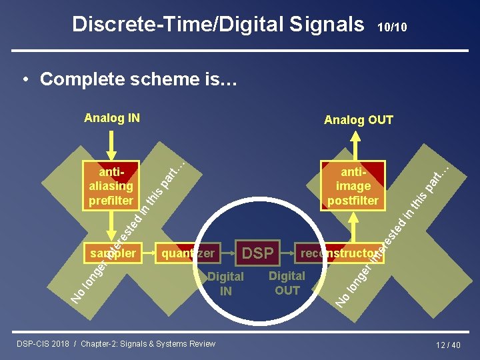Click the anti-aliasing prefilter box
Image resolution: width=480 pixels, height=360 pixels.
(111, 185)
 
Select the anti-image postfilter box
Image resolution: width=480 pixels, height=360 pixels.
(353, 185)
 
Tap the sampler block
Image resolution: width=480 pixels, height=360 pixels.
(112, 253)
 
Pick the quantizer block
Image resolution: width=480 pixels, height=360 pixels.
(188, 253)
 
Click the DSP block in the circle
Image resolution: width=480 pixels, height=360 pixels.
(258, 253)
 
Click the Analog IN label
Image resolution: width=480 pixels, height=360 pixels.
(111, 119)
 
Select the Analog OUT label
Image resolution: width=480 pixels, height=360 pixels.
(358, 120)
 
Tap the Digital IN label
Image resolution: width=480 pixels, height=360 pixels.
(226, 283)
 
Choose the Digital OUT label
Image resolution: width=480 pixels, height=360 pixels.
(287, 283)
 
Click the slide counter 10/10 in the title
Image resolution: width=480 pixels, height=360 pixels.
(392, 27)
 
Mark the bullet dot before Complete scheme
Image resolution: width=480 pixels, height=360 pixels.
(25, 79)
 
